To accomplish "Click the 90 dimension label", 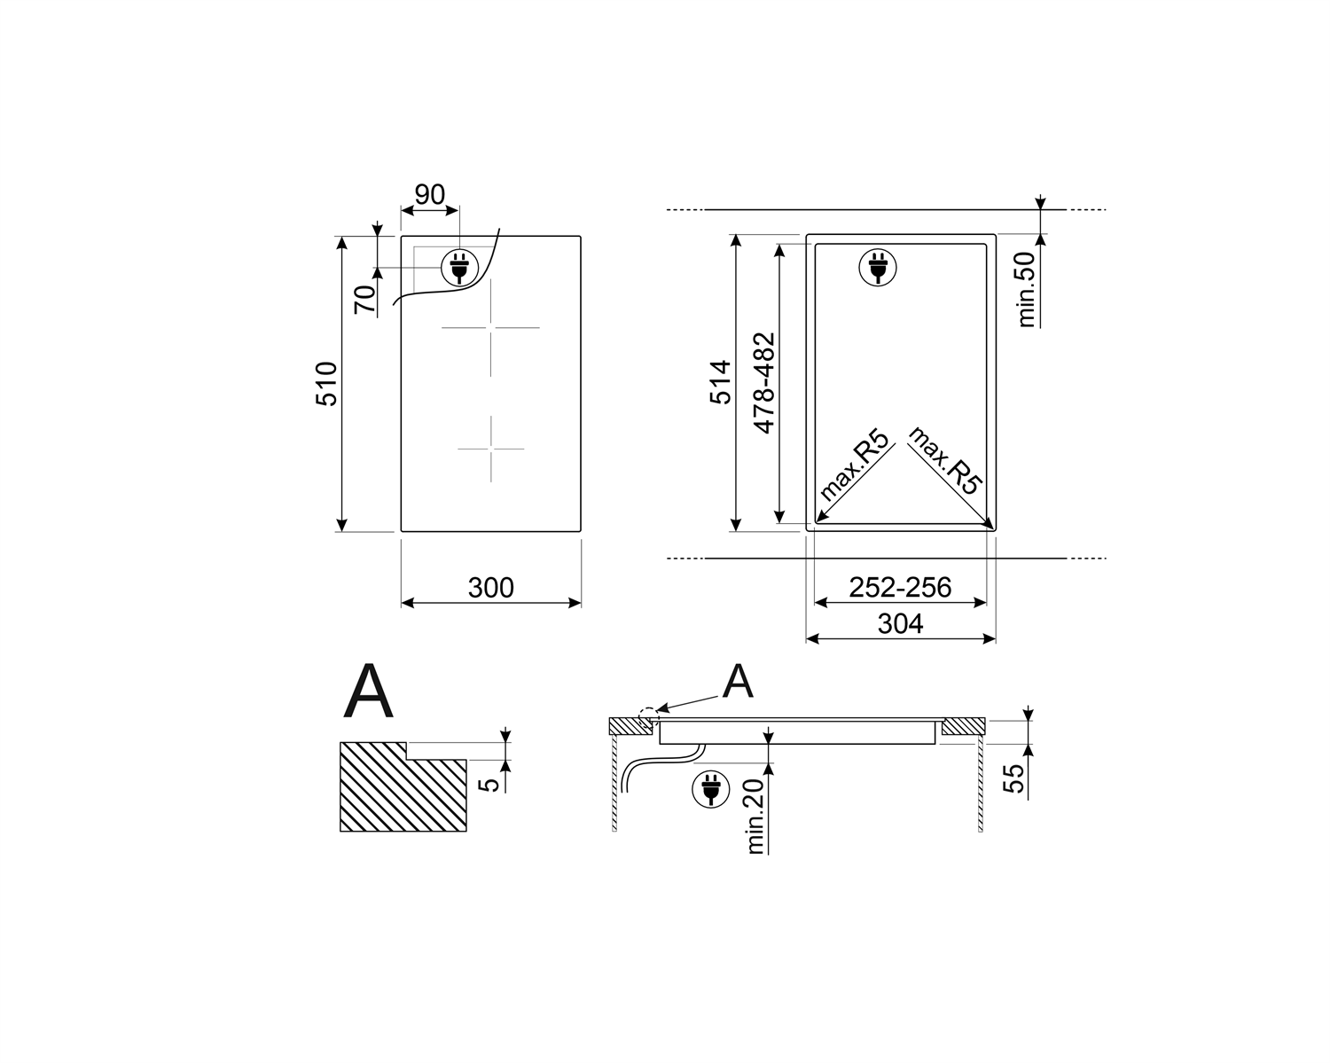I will [x=430, y=194].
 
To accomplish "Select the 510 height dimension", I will [x=327, y=384].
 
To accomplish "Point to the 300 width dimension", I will [x=490, y=588].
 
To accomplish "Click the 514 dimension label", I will [x=722, y=382].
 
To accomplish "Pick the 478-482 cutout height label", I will [x=763, y=382].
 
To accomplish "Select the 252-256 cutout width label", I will [x=900, y=587].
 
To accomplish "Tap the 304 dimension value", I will [x=900, y=624].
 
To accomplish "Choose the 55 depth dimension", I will [x=1013, y=778].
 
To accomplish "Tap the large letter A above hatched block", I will [x=368, y=692].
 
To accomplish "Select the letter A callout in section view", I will [x=738, y=683].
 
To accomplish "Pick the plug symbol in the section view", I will [x=710, y=788].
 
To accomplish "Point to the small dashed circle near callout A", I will [x=649, y=715].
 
